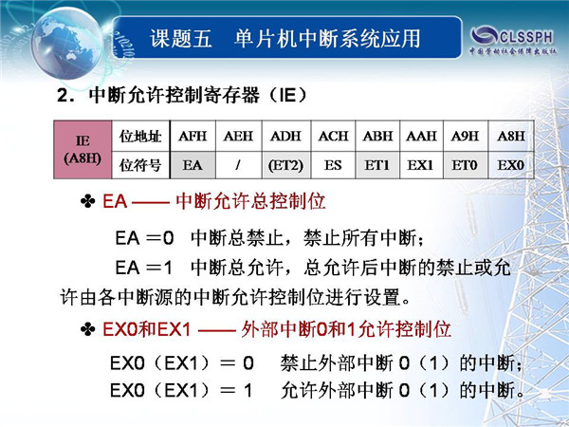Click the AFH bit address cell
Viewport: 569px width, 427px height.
click(x=193, y=136)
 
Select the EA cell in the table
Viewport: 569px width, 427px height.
click(x=193, y=165)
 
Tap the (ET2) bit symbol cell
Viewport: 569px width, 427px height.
click(x=286, y=165)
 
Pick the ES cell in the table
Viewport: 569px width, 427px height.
click(x=333, y=165)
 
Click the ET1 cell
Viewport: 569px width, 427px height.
click(x=377, y=165)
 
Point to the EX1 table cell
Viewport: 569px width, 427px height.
click(x=421, y=165)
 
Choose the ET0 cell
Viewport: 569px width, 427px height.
click(x=466, y=165)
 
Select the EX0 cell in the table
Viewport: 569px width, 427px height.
click(x=511, y=165)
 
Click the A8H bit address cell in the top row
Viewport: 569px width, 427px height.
click(x=511, y=136)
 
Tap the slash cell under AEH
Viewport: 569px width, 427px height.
click(x=238, y=165)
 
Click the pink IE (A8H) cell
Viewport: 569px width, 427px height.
click(x=83, y=150)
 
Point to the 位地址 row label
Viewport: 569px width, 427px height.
click(x=140, y=136)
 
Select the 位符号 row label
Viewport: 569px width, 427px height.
click(x=140, y=165)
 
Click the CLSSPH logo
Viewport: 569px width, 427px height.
click(x=513, y=40)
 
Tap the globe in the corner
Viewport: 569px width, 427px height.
click(x=67, y=43)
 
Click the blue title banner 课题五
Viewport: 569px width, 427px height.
click(x=286, y=37)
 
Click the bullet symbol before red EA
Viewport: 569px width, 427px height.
click(x=88, y=201)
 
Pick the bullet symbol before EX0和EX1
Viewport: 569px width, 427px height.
click(x=88, y=329)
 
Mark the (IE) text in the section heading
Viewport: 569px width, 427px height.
click(x=288, y=95)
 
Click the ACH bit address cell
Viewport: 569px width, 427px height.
click(x=333, y=136)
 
